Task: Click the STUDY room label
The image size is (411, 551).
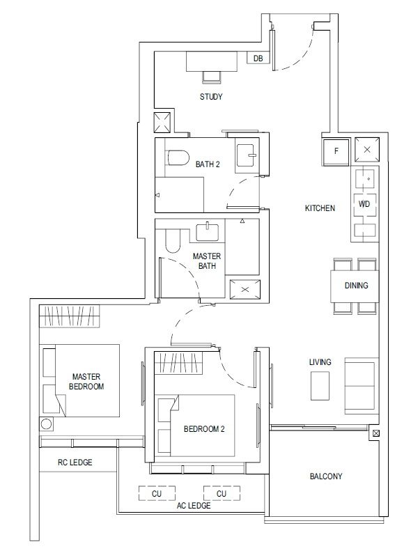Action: tap(210, 97)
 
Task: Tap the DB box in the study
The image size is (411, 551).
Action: tap(258, 59)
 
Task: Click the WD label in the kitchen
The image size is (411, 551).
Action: tap(364, 204)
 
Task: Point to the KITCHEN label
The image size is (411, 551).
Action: tap(320, 208)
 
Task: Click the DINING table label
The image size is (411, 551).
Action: tap(356, 286)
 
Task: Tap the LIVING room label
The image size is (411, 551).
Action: tap(320, 362)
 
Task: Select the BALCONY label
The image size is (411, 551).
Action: tap(325, 476)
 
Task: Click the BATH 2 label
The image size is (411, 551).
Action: tap(208, 164)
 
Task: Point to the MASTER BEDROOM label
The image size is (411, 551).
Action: tap(87, 381)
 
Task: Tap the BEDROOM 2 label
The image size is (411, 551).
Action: tap(203, 429)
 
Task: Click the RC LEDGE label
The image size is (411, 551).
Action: tap(75, 462)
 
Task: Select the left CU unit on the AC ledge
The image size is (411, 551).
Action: tap(157, 493)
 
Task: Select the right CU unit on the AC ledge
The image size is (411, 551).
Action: tap(222, 493)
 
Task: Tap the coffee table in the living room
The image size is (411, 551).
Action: tap(320, 385)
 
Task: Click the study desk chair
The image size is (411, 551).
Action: tap(210, 76)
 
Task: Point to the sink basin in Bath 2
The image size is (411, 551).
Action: tap(246, 155)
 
